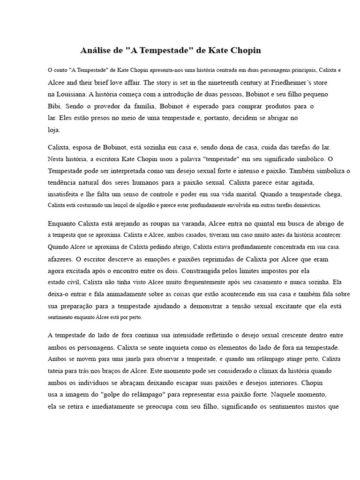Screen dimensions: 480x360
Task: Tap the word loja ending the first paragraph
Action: (54, 130)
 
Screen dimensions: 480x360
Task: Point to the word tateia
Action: (57, 370)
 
